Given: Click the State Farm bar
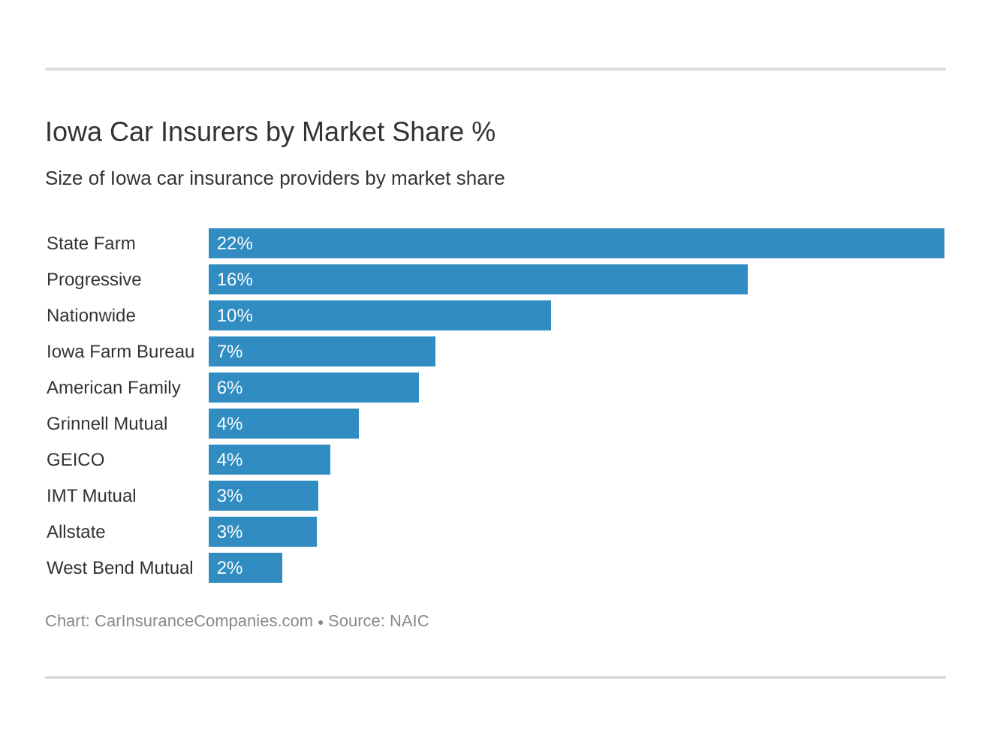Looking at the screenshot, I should (576, 243).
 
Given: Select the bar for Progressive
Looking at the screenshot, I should (477, 279).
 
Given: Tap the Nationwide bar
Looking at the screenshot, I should (379, 315).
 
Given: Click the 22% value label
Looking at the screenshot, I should (234, 243).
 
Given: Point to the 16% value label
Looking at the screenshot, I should (234, 279).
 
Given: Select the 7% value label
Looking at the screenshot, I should (229, 351).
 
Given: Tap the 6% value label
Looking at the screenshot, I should (229, 388).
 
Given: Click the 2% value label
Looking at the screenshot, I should (229, 568).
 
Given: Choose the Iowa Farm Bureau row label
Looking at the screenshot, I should (120, 351).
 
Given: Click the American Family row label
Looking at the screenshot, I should (113, 388).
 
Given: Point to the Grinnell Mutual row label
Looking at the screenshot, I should (107, 424).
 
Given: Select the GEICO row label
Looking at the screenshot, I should (75, 460).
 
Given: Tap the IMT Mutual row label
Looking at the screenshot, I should (91, 496).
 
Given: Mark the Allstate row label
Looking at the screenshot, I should (76, 532).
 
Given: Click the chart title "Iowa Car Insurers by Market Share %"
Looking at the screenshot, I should (270, 132).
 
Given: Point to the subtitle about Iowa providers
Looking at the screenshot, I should (275, 178).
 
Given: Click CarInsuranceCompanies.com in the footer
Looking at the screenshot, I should (203, 621).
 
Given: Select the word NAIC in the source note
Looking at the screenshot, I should (409, 621).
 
